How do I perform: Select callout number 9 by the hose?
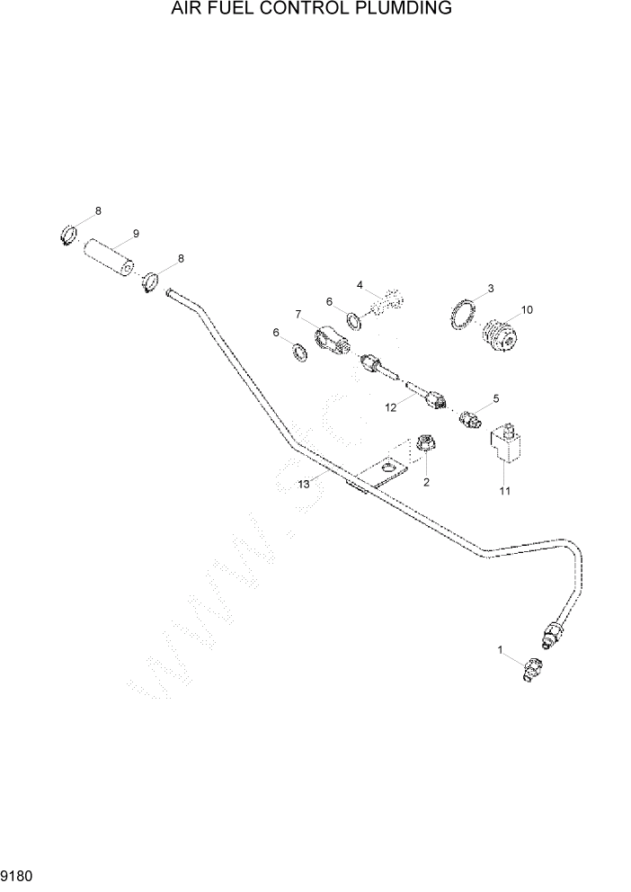(136, 234)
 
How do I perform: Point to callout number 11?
(504, 491)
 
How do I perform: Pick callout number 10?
(527, 309)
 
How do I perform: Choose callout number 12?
(391, 407)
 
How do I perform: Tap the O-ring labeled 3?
(464, 315)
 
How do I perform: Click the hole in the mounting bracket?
(388, 468)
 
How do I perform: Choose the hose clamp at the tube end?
(150, 284)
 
